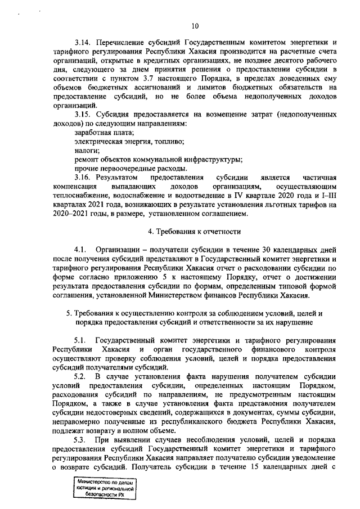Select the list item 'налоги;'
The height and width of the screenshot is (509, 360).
(x=87, y=150)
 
